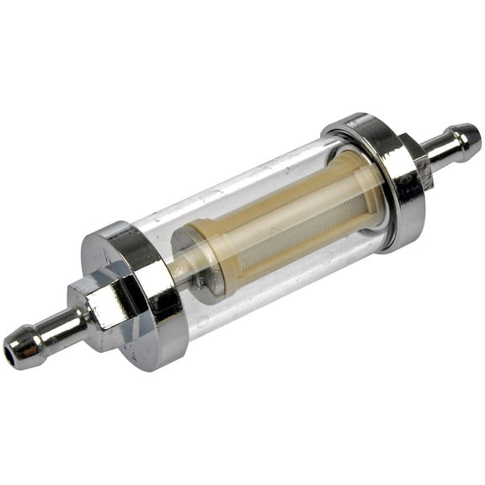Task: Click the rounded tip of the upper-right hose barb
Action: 471,136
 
